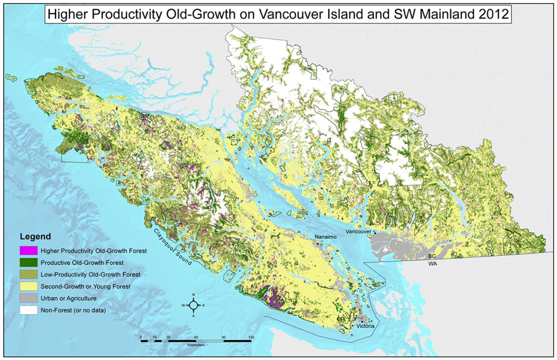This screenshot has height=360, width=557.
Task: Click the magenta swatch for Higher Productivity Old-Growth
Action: (29, 250)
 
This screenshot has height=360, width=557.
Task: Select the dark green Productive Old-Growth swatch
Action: (29, 262)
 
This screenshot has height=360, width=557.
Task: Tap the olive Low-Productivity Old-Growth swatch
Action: (29, 275)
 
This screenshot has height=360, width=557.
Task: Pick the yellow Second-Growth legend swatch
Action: (29, 286)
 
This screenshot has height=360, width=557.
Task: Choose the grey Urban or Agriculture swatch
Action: (29, 298)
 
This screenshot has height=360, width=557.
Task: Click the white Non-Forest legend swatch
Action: (29, 310)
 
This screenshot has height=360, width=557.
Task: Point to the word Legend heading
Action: (35, 236)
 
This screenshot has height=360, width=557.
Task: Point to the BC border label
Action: (432, 257)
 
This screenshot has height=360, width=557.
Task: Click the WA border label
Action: (432, 264)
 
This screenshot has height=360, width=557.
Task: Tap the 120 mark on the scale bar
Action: (250, 337)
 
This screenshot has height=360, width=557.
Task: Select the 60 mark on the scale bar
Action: (196, 337)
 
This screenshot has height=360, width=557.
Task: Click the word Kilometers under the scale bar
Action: (196, 345)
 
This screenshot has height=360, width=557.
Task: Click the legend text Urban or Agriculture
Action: (67, 298)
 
